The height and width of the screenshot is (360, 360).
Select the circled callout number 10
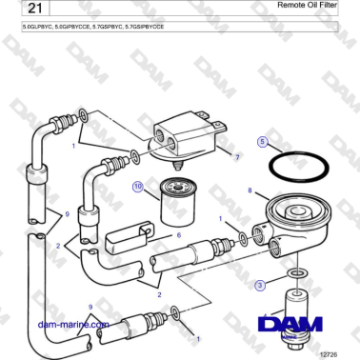[x=138, y=189]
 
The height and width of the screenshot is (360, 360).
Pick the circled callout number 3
[x=260, y=285]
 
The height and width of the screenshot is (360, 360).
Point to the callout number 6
[x=177, y=235]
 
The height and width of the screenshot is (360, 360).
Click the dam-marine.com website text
[x=72, y=324]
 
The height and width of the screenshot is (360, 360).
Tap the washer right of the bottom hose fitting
[x=177, y=310]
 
